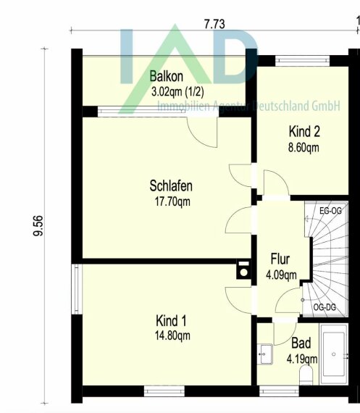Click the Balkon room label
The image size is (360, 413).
[166, 76]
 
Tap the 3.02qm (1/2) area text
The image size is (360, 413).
[177, 92]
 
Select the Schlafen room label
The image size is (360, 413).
[171, 185]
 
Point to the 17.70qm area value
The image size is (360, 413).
[172, 201]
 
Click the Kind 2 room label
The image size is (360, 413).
[304, 131]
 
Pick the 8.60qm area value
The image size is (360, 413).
[304, 148]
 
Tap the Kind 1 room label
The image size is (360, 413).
[171, 321]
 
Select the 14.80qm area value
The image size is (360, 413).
[172, 335]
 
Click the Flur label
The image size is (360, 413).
[280, 259]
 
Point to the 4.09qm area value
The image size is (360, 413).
[281, 275]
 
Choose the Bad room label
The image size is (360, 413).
[301, 343]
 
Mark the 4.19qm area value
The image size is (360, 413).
[302, 359]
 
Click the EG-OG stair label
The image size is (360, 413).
[330, 211]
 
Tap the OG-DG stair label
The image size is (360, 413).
[325, 307]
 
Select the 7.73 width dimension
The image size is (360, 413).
[214, 24]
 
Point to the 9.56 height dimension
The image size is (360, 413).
[38, 226]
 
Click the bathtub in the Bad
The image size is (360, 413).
[334, 354]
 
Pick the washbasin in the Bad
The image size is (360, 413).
[264, 354]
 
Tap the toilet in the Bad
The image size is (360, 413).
[306, 376]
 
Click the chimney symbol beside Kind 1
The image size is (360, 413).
[243, 270]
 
